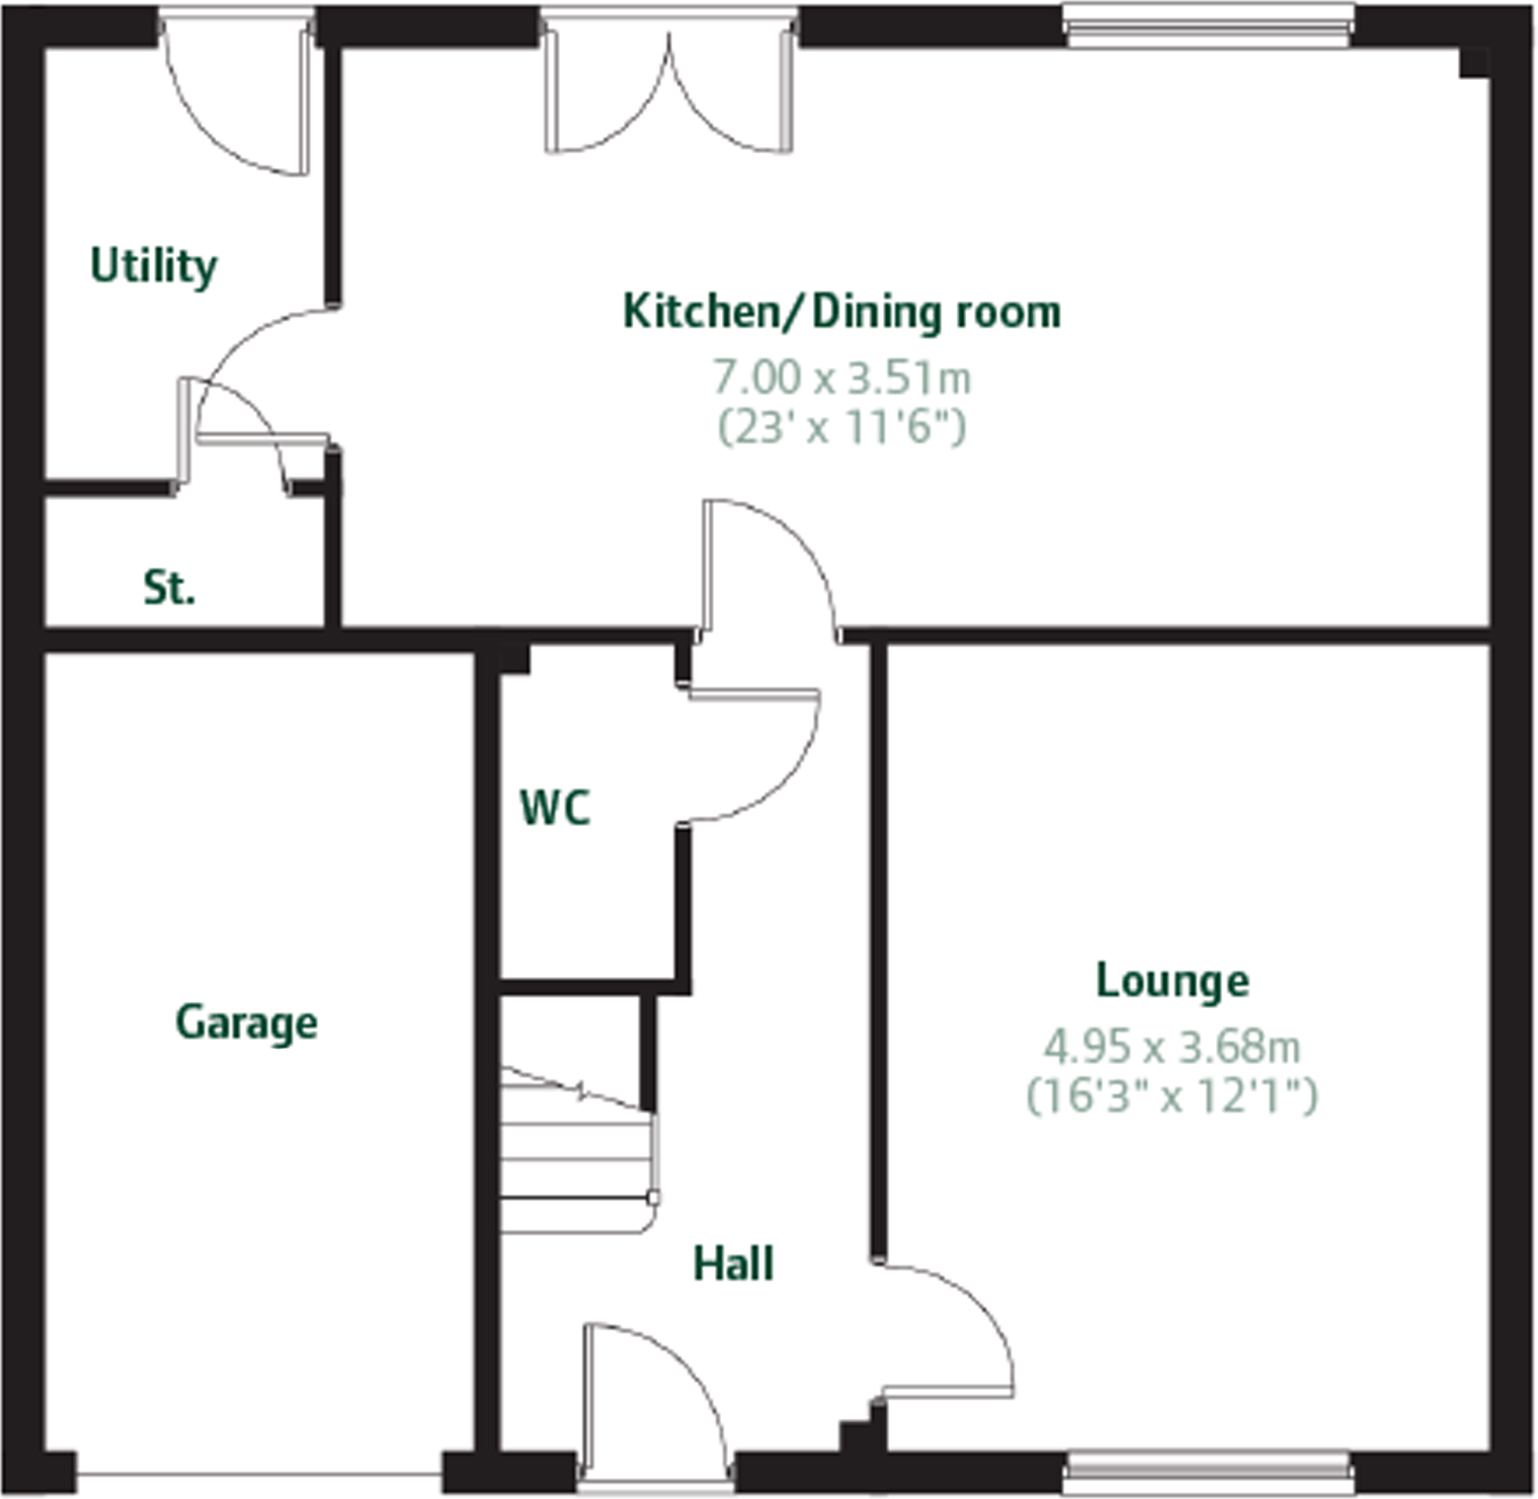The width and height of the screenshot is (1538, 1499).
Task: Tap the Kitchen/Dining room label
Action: [841, 313]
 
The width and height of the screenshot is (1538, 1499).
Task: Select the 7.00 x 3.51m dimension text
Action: [841, 378]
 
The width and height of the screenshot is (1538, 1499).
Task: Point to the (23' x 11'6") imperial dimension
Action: [841, 428]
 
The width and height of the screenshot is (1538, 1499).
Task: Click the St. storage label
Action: [170, 588]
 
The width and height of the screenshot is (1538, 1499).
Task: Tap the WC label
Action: [555, 808]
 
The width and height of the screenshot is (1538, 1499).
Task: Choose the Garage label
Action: [247, 1022]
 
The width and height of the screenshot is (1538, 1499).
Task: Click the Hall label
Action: [733, 1264]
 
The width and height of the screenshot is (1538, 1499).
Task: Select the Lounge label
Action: [1173, 981]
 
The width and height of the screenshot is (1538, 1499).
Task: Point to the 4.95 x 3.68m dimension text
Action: [1173, 1047]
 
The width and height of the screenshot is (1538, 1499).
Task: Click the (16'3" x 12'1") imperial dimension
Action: [1173, 1096]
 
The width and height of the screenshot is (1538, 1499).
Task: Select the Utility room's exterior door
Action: [236, 94]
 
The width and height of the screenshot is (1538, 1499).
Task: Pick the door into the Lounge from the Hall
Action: [945, 1330]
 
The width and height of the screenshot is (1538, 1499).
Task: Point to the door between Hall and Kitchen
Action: [767, 567]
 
